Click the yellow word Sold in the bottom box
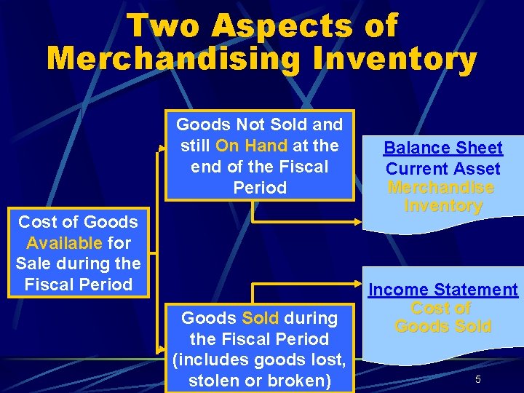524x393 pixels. (261, 318)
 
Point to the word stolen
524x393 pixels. (215, 381)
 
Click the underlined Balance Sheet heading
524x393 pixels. (442, 148)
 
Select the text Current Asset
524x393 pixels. (442, 169)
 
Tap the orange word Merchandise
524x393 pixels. (441, 188)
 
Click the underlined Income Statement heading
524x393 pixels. (442, 290)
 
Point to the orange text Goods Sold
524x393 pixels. (442, 326)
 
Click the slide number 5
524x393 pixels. (478, 379)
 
